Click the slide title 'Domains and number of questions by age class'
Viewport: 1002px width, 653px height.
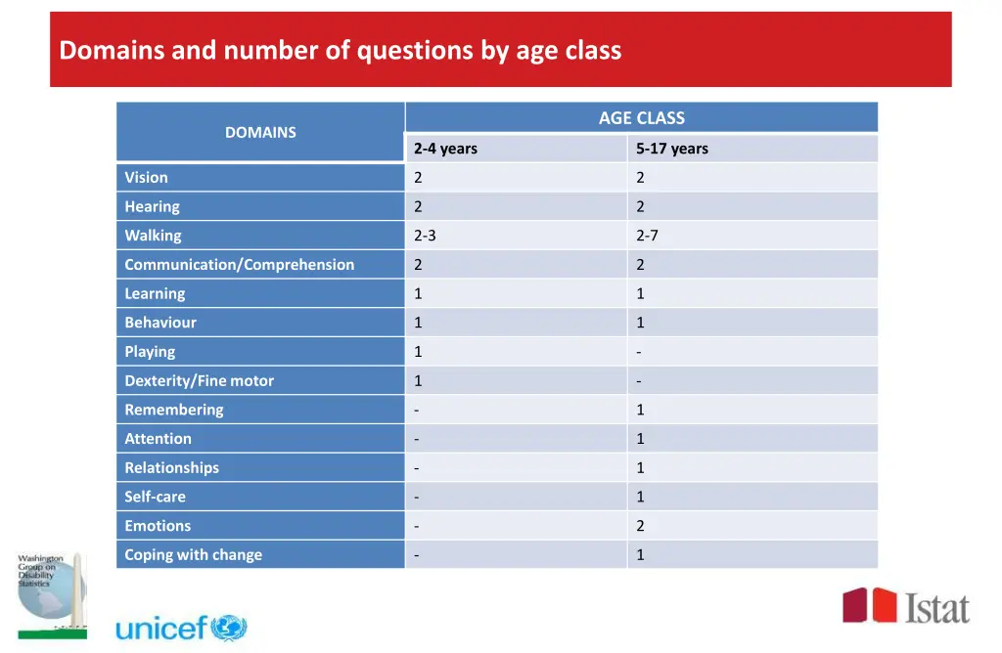(340, 50)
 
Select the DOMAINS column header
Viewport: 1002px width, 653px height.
(260, 132)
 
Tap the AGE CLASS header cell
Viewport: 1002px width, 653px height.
(641, 117)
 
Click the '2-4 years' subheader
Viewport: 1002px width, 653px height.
(445, 149)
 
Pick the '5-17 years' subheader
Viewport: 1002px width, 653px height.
(671, 149)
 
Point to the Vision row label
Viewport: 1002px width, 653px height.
(146, 177)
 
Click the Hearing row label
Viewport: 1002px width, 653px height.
(152, 206)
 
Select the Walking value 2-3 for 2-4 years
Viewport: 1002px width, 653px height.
(425, 236)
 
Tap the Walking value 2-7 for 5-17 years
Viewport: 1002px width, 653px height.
(647, 236)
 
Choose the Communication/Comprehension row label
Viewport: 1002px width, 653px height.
(239, 264)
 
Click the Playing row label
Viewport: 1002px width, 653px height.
(150, 351)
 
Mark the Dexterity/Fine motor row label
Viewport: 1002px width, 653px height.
(199, 380)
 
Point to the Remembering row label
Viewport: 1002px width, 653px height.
(173, 410)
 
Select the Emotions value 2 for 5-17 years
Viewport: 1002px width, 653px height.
(640, 526)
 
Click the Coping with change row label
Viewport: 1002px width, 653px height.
(193, 554)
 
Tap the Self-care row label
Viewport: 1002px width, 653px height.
(155, 497)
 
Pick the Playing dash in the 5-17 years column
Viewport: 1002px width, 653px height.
(638, 351)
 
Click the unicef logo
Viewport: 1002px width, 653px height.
(182, 628)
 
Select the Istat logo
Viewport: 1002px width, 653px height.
(906, 606)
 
